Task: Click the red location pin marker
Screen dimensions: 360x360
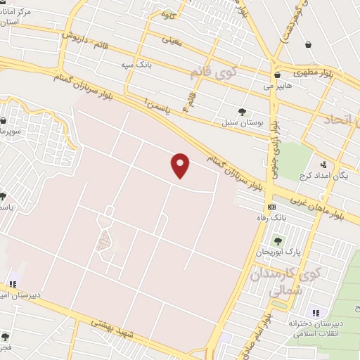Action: [181, 166]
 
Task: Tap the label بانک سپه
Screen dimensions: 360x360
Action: [136, 65]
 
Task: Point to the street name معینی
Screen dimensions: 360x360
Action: [172, 39]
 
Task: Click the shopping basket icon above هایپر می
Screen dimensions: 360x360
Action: [278, 75]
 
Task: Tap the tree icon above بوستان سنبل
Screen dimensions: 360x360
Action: [243, 111]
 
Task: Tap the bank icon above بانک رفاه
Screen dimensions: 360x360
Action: [271, 207]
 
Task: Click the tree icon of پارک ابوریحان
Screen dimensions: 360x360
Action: [278, 241]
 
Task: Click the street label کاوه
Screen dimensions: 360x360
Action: [167, 13]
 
